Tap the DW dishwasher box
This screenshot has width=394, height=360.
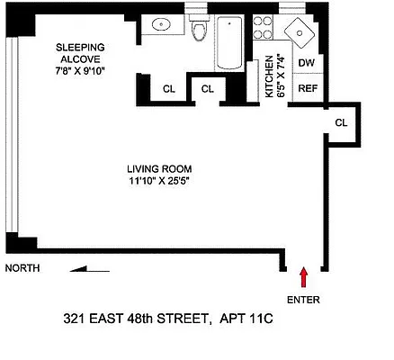coord(306,63)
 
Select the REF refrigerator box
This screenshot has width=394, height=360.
coord(306,88)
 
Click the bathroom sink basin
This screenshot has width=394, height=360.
coord(164,24)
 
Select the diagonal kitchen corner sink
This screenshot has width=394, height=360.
coord(300,32)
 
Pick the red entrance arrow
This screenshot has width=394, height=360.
coord(303,275)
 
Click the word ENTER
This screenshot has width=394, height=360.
coord(303,299)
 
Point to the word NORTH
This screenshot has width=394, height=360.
coord(22,268)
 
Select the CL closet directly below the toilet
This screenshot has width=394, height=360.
coord(208,88)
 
